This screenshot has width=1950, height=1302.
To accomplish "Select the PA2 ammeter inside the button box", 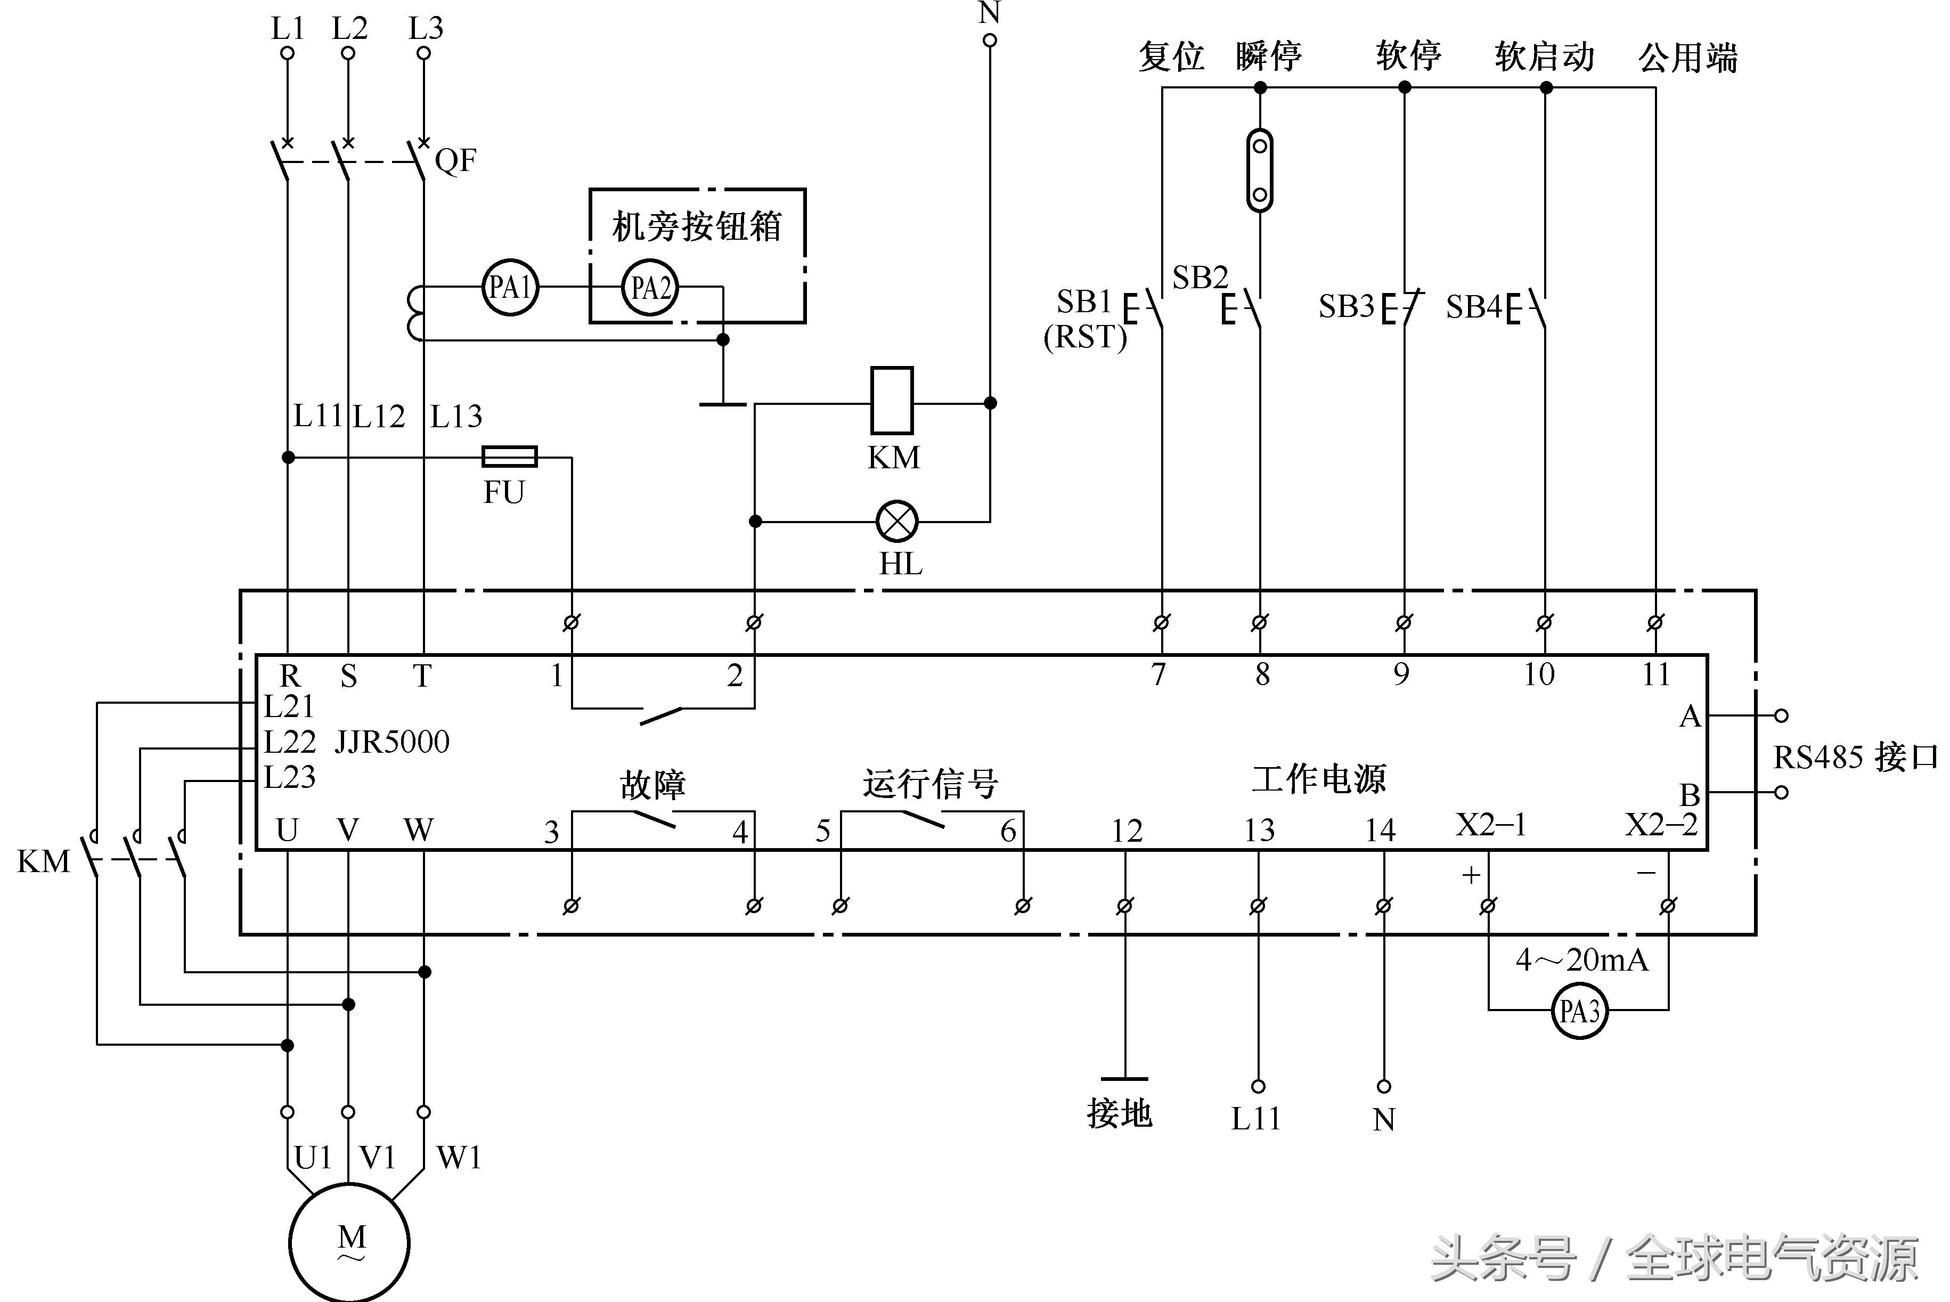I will coord(650,288).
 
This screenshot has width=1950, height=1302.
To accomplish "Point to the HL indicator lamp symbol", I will coord(898,522).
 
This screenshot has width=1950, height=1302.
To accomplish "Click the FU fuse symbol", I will coord(510,457).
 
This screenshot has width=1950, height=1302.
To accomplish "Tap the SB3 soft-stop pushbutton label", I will coord(1347,307).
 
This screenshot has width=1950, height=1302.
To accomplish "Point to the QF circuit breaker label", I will coord(456,160).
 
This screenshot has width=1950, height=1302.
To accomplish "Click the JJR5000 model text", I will coord(392,742).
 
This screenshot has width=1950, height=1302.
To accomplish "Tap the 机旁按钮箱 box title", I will coord(697,226).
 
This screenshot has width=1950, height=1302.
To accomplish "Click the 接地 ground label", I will coord(1120,1113).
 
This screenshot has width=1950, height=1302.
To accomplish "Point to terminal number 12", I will coord(1127,831).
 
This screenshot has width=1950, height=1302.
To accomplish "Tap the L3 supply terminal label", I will coord(426,29).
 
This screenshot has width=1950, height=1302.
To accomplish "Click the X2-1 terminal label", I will coord(1491,825).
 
